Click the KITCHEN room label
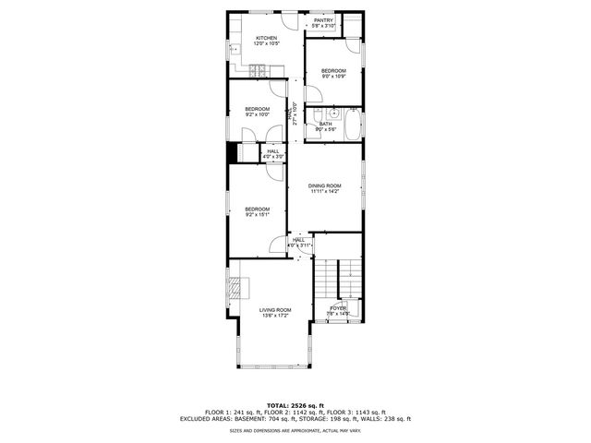point(266,39)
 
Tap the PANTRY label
point(323,20)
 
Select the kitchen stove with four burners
point(259,68)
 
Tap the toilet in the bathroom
point(314,113)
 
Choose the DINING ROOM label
point(324,186)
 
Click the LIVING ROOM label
point(275,310)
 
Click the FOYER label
point(339,308)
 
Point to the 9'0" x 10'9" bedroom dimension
point(333,77)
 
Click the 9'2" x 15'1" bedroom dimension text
point(258,214)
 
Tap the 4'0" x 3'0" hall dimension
point(273,157)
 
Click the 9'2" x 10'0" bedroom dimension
point(258,114)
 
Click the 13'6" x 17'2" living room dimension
point(275,316)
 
